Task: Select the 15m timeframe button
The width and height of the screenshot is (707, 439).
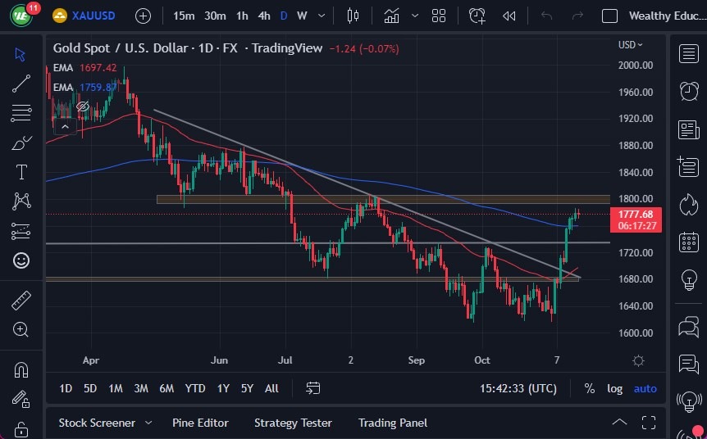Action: coord(185,16)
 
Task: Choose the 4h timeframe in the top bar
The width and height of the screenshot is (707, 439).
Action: coord(263,16)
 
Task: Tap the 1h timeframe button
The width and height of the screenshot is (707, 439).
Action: coord(242,16)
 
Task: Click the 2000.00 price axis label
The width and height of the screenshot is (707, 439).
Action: coord(636,66)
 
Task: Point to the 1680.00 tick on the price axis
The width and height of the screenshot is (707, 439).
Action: coord(636,279)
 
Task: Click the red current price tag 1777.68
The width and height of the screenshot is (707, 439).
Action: coord(635,215)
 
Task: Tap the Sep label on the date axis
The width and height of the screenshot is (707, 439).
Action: coord(417,360)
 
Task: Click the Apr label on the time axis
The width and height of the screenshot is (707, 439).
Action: coord(91,360)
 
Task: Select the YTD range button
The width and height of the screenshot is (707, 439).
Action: coord(195,388)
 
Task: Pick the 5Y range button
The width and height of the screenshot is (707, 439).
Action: coord(246,388)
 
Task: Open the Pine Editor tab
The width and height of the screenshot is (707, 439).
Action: coord(200,423)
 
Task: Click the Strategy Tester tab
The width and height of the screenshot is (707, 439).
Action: coord(293,423)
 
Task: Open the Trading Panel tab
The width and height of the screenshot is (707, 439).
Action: coord(392,423)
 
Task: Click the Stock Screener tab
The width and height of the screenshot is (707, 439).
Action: coord(97,423)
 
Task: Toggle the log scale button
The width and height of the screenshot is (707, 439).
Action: coord(614,388)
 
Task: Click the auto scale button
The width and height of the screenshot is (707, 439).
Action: coord(645,388)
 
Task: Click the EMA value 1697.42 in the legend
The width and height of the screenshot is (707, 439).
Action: coord(98,68)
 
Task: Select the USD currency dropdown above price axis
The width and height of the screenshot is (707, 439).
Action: coord(630,45)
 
